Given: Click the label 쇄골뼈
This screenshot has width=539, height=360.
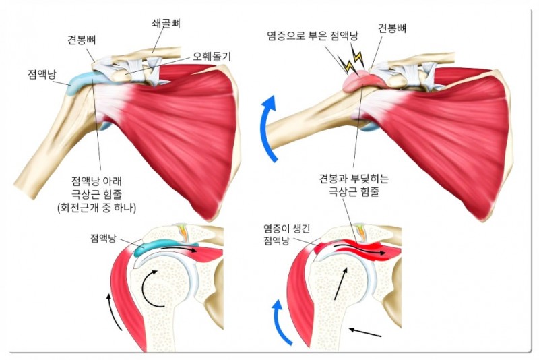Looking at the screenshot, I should (x=166, y=22).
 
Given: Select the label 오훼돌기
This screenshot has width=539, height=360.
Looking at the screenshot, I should (x=212, y=56).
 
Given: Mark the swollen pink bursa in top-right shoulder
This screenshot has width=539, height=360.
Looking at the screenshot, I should (x=357, y=81).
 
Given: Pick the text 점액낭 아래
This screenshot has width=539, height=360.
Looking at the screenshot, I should (x=97, y=181).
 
